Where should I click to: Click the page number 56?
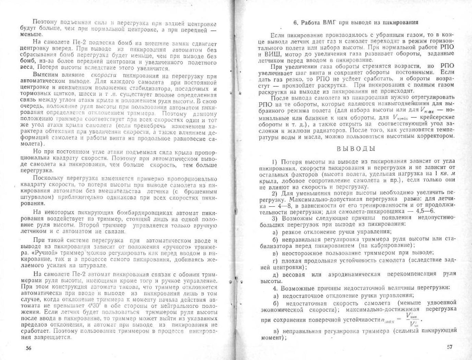pos(29,348)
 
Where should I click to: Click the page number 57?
pos(450,347)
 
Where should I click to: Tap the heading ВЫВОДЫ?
pos(356,149)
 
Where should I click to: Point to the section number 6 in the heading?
pos(295,23)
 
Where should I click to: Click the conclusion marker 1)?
pos(274,162)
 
